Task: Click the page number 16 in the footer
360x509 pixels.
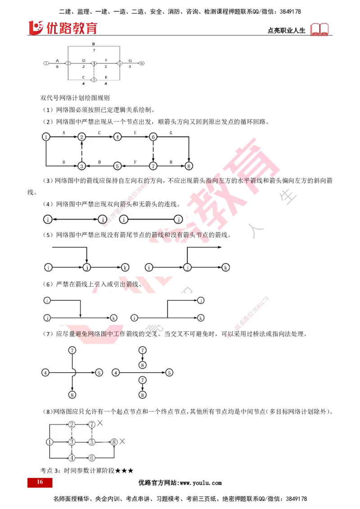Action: point(40,482)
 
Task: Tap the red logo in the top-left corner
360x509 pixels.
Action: point(63,28)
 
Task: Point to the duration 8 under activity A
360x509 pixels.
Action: point(57,67)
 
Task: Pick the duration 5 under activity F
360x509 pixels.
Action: point(106,67)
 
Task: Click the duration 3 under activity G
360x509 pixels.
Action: point(130,67)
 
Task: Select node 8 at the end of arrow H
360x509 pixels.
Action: point(189,166)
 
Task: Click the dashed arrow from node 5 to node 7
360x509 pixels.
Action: point(92,433)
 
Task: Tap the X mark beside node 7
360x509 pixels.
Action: point(100,423)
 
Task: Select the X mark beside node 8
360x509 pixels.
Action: point(122,442)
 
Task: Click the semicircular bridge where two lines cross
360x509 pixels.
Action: point(73,372)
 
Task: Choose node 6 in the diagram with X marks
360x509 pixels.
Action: point(92,458)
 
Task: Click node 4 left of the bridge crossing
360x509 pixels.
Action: point(45,372)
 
